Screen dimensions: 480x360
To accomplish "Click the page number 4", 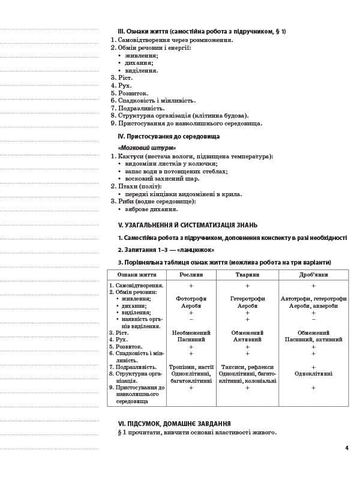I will (347, 448).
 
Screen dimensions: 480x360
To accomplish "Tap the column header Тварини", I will (247, 274).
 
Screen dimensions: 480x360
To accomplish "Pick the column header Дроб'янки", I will (313, 274).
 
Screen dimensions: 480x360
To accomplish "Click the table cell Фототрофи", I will (191, 299).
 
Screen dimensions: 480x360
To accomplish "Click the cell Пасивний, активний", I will (313, 340).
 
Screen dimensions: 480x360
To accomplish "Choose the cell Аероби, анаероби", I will (313, 306).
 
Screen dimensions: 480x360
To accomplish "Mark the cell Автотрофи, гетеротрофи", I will (313, 299).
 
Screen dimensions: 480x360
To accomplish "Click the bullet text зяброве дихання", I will (151, 209).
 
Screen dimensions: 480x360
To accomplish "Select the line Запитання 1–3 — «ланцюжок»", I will (166, 250).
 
